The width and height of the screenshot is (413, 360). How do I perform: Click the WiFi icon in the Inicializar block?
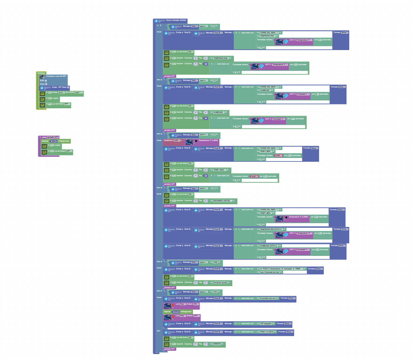click(x=42, y=77)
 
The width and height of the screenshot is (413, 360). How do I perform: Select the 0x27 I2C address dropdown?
click(x=79, y=93)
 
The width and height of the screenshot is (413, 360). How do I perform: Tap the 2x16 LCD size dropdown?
click(x=61, y=93)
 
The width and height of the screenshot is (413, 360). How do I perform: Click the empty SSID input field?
click(x=46, y=81)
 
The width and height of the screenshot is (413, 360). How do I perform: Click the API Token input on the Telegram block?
click(x=68, y=87)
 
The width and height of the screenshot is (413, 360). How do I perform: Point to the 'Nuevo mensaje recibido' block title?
click(x=176, y=20)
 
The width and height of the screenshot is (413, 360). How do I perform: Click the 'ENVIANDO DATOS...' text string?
click(x=223, y=201)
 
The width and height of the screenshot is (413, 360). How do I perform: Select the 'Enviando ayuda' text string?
click(x=220, y=283)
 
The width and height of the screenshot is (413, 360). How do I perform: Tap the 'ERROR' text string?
click(x=217, y=344)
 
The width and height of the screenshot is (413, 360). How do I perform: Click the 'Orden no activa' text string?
click(x=266, y=332)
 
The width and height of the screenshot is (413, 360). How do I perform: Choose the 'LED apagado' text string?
click(x=266, y=323)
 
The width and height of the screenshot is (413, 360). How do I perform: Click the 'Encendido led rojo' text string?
click(x=267, y=298)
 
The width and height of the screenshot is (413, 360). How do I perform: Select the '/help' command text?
click(x=215, y=262)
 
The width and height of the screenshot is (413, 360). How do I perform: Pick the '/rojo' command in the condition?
click(x=215, y=292)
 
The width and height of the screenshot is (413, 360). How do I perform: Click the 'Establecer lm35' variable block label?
click(x=168, y=140)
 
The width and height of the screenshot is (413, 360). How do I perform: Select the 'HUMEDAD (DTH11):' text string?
click(x=268, y=246)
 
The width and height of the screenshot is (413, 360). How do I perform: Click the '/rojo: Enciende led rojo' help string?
click(x=269, y=272)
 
